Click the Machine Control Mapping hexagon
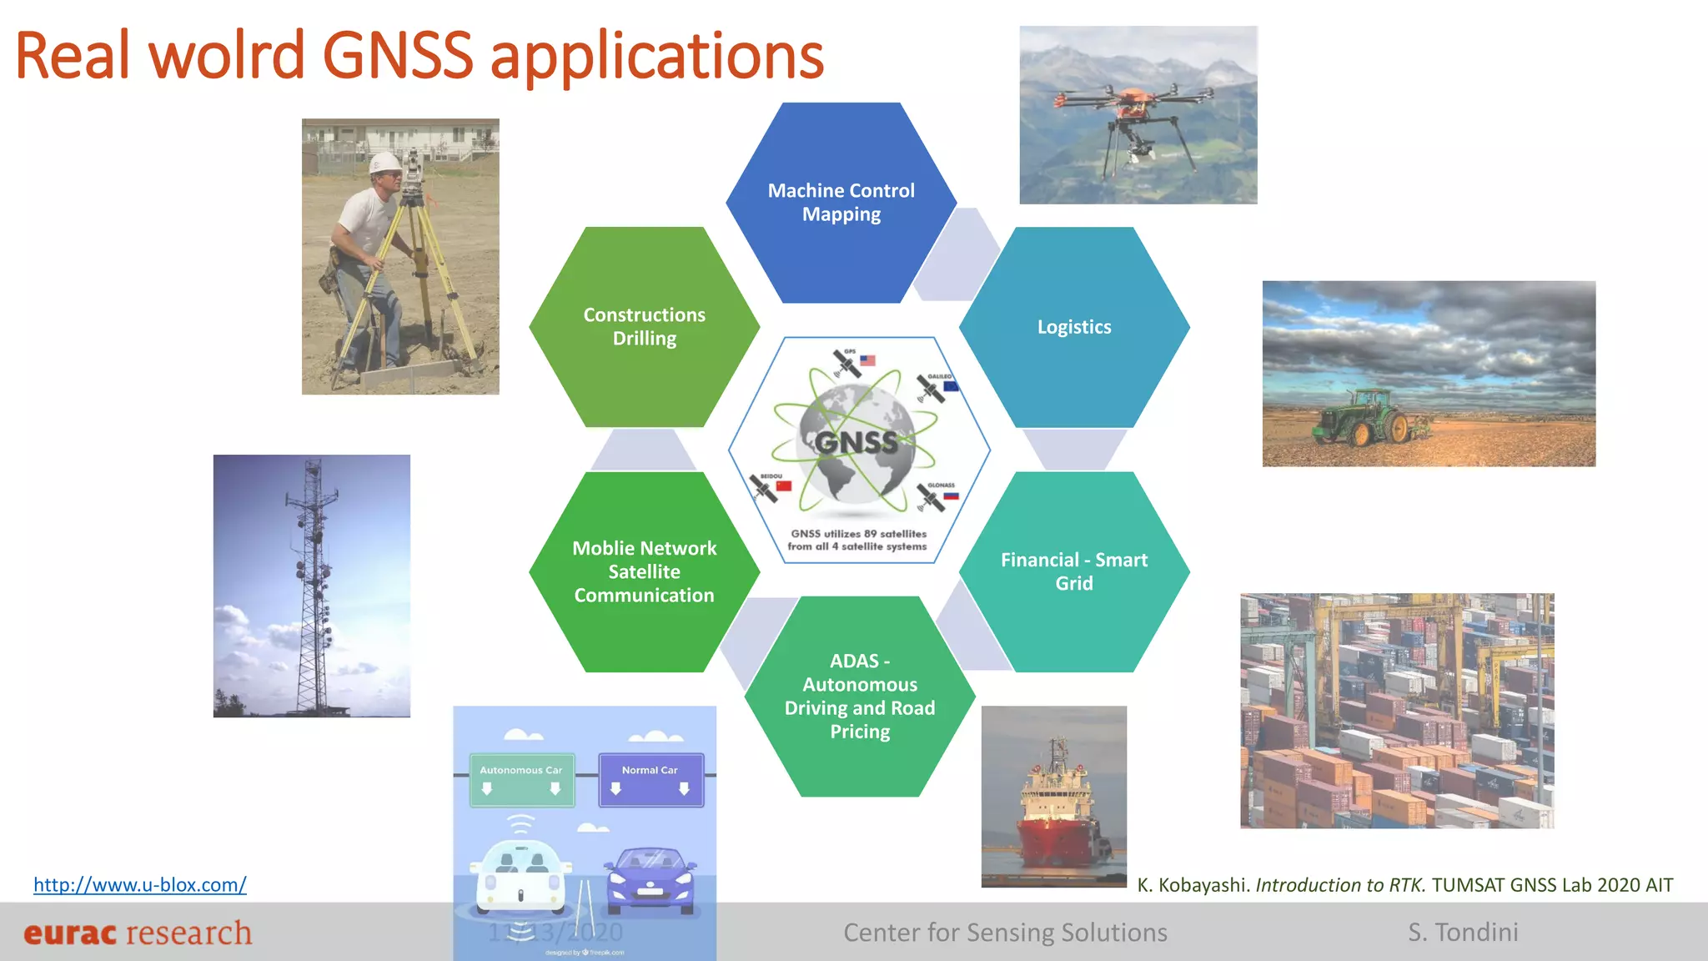click(841, 203)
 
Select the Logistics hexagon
click(1074, 327)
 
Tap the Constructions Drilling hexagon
click(644, 327)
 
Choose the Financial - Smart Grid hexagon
click(1074, 572)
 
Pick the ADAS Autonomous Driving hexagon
click(860, 697)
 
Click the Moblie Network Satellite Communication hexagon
click(644, 572)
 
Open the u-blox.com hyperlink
click(139, 884)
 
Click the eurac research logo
click(138, 933)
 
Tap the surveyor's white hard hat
click(384, 163)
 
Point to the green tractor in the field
click(1368, 416)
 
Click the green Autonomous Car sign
click(521, 780)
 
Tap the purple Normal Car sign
click(651, 780)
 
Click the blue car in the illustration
click(651, 880)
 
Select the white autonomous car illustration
click(521, 876)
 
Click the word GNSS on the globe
click(857, 442)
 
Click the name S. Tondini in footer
click(1463, 932)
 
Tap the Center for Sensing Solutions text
click(1005, 932)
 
